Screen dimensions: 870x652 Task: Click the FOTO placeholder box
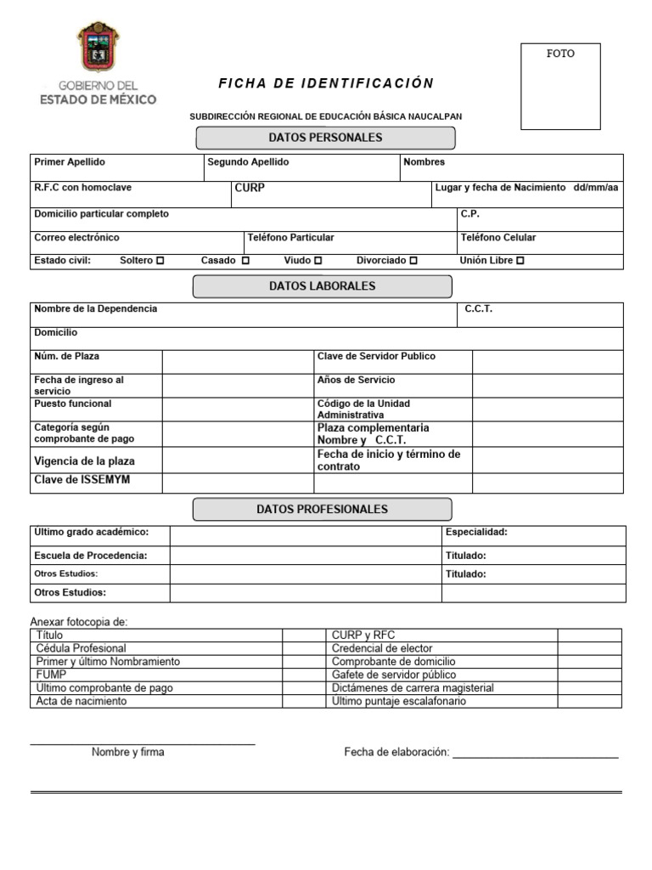559,86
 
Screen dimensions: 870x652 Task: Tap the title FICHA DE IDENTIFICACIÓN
326,83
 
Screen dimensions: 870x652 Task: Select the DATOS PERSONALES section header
326,138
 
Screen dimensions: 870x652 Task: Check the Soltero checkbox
160,261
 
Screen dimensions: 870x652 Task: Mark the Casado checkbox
245,261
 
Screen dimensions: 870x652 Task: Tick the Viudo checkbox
318,261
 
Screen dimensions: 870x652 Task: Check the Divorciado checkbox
413,261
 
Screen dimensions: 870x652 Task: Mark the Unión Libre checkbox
520,261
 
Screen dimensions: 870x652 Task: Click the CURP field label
249,188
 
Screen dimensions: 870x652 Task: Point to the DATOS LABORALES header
323,286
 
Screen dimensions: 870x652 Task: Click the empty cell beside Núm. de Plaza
238,362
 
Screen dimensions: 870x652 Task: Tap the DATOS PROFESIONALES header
323,510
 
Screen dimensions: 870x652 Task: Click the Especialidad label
476,532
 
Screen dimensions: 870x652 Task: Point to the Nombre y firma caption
128,752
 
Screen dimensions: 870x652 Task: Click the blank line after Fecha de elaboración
535,753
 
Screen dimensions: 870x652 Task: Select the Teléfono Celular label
498,238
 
